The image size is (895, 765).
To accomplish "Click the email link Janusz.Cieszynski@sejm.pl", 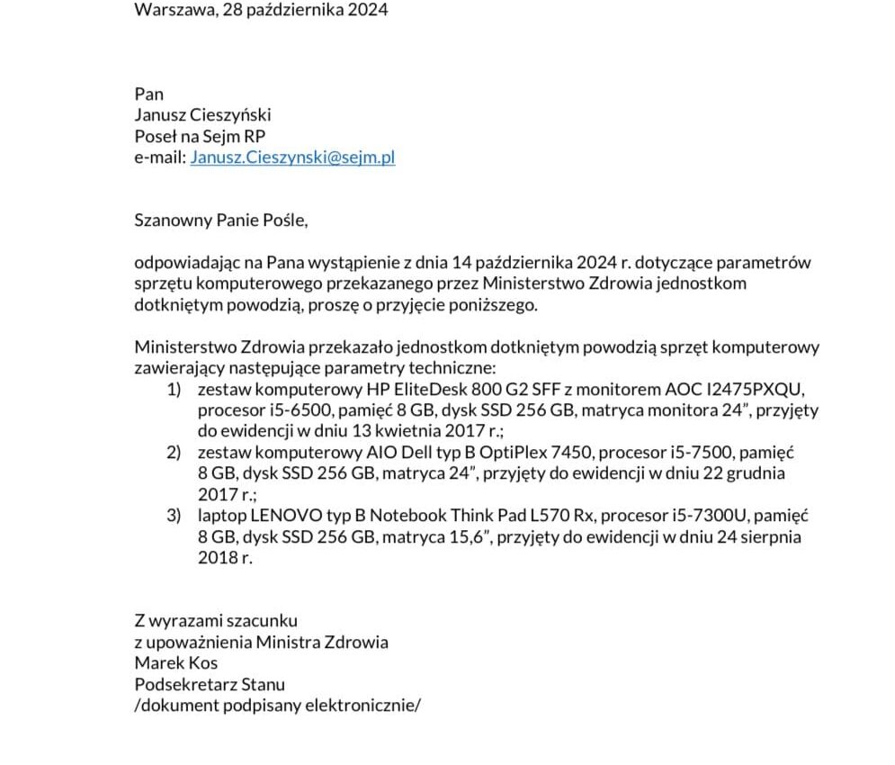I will point(292,157).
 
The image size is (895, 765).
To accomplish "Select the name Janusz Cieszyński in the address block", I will point(202,115).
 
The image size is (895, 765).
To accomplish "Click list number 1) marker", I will point(175,390).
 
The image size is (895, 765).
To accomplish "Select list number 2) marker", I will point(175,452).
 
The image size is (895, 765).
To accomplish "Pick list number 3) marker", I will point(175,516).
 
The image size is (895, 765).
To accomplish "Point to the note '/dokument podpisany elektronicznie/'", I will point(277,705).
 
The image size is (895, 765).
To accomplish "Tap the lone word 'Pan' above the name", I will point(149,94).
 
